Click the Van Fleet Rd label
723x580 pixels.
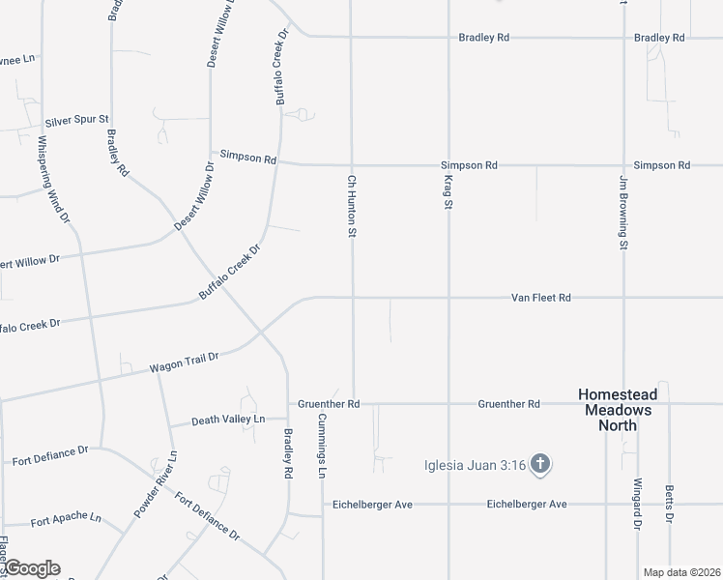pos(541,299)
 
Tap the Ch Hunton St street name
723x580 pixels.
pos(353,206)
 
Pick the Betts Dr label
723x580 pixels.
pos(669,506)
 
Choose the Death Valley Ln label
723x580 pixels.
pos(228,420)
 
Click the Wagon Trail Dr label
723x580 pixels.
pos(184,362)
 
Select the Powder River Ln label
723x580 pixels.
pos(157,484)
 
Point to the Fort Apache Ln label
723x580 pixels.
pos(66,519)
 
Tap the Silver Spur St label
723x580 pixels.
pos(77,123)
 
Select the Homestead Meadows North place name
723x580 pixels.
pos(617,410)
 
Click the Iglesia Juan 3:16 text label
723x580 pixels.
pos(475,466)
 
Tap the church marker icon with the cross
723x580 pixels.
pos(540,466)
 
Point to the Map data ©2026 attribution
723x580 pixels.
pos(682,572)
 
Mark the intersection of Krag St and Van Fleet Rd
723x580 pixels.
pos(448,298)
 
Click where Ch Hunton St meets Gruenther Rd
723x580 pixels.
pos(353,403)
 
